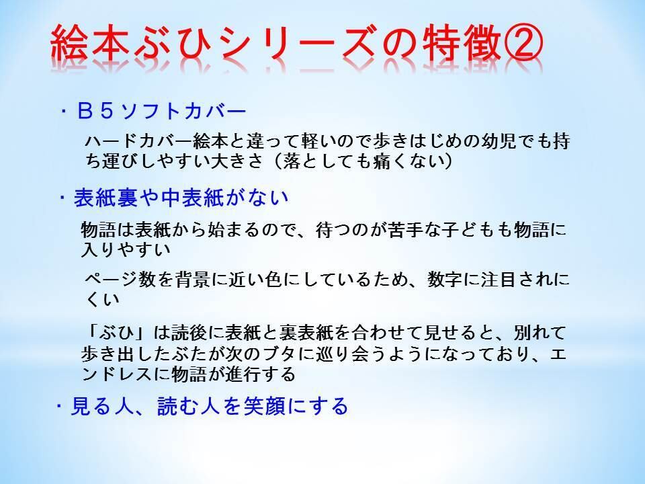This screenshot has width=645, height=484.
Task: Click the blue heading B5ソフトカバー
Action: tap(162, 112)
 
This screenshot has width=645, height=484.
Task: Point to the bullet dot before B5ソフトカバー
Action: tap(64, 112)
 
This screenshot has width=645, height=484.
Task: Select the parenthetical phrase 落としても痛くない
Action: tap(363, 161)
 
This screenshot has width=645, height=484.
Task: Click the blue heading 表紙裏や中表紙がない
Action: tap(181, 198)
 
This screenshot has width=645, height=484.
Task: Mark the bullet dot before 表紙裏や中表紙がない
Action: tap(63, 198)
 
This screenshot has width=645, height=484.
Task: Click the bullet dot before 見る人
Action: tap(60, 406)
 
